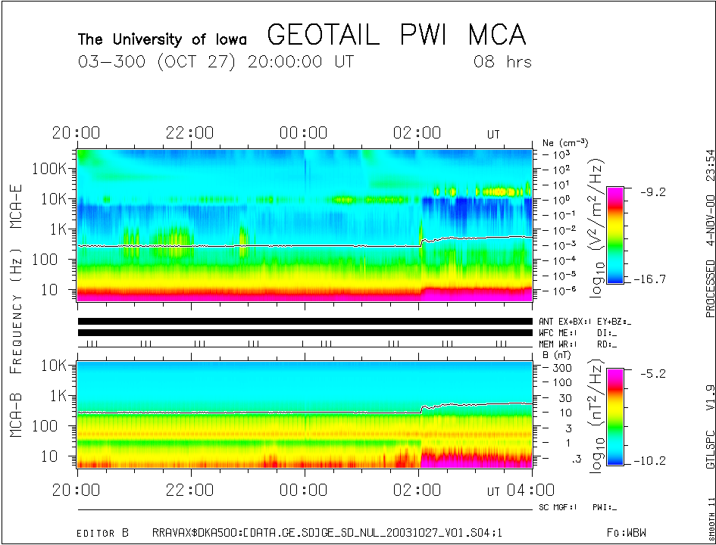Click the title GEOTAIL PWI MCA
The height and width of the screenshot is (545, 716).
(x=396, y=36)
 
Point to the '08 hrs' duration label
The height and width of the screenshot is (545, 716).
(x=502, y=62)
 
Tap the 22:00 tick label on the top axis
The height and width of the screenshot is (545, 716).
(x=189, y=133)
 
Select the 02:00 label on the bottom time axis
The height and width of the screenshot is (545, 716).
(x=417, y=490)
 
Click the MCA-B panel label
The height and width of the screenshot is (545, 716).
(x=17, y=416)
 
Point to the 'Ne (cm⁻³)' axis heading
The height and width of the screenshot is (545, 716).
(x=565, y=142)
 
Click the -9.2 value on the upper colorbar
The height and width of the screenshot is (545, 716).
(x=649, y=192)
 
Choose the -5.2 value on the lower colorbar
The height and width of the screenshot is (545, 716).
(x=649, y=374)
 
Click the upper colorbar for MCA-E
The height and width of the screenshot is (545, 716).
(x=615, y=235)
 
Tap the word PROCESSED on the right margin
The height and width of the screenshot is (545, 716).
(x=710, y=288)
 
